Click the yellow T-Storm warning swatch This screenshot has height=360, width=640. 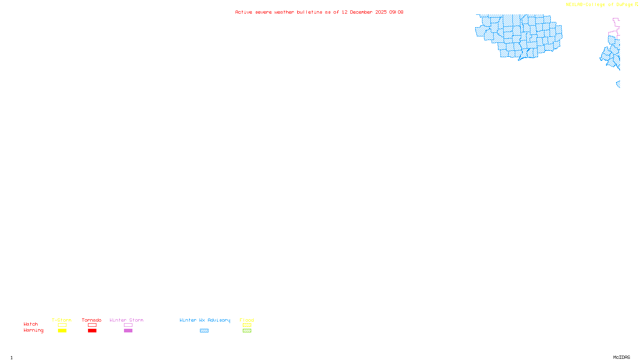pos(62,331)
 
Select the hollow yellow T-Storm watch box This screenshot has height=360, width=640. pos(62,325)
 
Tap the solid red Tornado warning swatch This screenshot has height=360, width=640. pos(92,331)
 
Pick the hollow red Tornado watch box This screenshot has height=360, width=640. pos(92,325)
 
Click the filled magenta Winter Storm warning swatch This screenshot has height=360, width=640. pos(128,331)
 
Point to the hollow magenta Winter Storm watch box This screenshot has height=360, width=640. pos(128,325)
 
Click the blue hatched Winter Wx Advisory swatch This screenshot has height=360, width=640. pos(204,331)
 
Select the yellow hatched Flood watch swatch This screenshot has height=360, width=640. pos(247,325)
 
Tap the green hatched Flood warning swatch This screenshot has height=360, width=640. pos(247,331)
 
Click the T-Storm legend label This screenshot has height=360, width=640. pos(62,320)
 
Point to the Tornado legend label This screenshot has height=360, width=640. pos(92,320)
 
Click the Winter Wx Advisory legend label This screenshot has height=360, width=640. pos(205,320)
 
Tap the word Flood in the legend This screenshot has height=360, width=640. pos(247,320)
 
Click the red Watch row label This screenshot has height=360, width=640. pos(31,324)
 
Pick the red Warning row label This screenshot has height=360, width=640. pos(34,330)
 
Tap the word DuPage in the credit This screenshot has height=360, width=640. pos(624,5)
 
